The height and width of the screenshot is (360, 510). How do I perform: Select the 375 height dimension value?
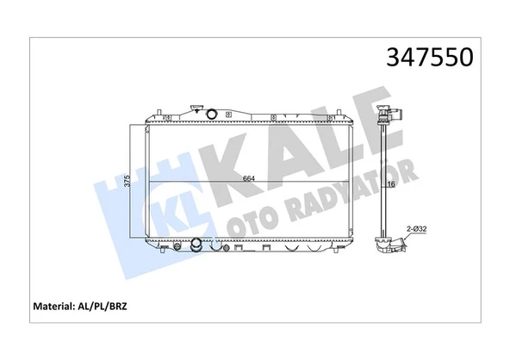(x=127, y=181)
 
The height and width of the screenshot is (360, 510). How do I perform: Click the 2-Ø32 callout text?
(x=417, y=229)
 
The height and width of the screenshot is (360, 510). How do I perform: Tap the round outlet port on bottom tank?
(x=196, y=245)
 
